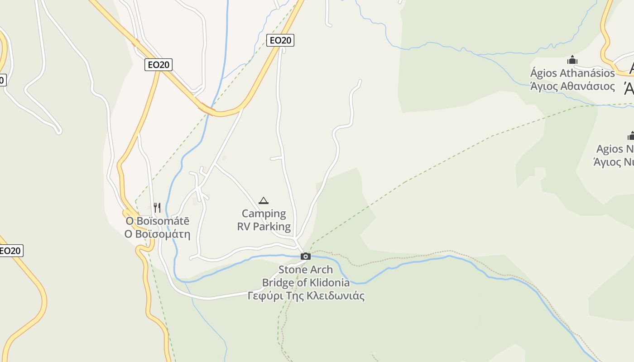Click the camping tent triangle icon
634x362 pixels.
coord(263,200)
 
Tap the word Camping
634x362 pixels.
coord(264,214)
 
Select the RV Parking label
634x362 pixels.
coord(264,226)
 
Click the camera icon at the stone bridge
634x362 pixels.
coord(306,257)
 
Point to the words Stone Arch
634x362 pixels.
coord(306,270)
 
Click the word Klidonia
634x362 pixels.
coord(329,283)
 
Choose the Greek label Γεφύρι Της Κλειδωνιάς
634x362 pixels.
coord(306,296)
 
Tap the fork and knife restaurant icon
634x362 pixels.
coord(157,208)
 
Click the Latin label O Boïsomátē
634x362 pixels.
coord(158,221)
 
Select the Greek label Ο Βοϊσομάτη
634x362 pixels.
coord(158,234)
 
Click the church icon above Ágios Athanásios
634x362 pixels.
coord(572,60)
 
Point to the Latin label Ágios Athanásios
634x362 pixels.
coord(572,73)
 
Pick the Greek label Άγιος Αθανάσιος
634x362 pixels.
coord(572,86)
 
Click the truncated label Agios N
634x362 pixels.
coord(615,149)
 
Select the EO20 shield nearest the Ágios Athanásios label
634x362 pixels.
coord(280,40)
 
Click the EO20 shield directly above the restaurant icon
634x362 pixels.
coord(158,65)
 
